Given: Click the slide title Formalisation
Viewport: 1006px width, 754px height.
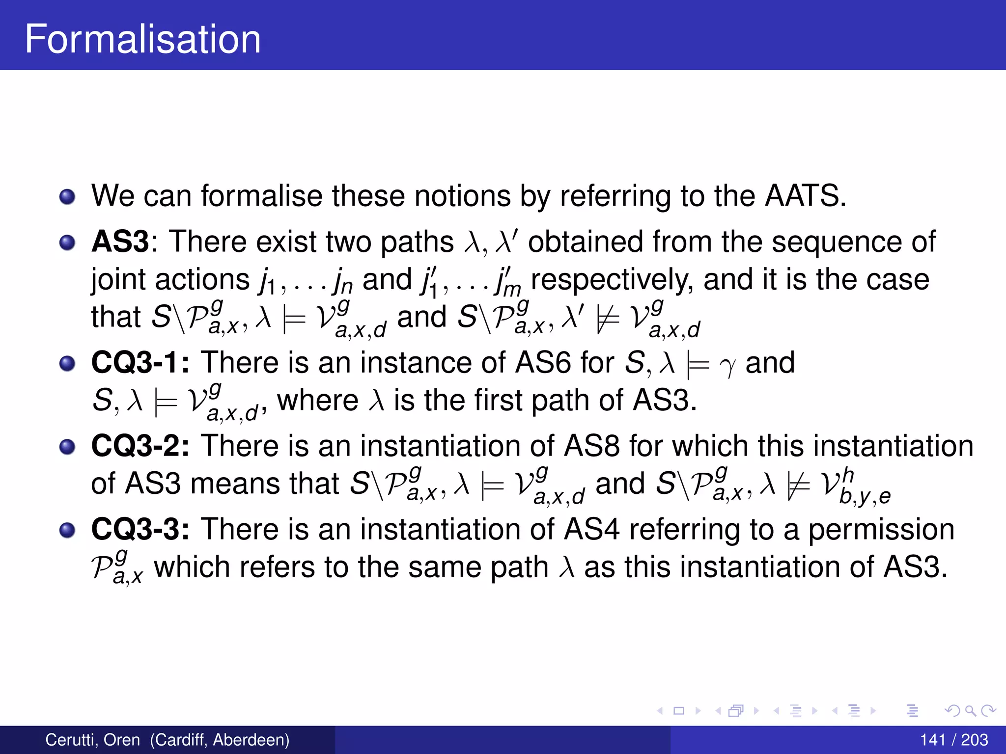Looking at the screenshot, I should point(142,39).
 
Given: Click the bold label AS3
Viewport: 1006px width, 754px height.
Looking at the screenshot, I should point(120,242).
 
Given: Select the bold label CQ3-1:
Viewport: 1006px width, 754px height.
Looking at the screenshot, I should point(140,362).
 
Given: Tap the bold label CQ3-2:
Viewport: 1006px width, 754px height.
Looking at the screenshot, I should point(140,446).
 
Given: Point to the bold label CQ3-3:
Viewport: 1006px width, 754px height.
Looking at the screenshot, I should point(140,529).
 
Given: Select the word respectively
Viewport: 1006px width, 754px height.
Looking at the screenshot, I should point(612,280).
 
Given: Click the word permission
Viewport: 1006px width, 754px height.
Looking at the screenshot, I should point(881,529).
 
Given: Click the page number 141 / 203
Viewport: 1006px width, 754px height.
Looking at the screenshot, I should point(953,740).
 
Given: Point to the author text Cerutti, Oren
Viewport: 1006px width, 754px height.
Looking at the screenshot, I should point(93,740).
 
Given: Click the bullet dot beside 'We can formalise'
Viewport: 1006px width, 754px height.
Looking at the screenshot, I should point(67,197).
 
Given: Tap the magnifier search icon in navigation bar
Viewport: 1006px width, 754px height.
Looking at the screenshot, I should point(970,710).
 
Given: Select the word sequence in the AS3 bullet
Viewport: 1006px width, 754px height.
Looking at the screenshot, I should point(838,242).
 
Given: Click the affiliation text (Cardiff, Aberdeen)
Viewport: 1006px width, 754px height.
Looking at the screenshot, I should point(220,740).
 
